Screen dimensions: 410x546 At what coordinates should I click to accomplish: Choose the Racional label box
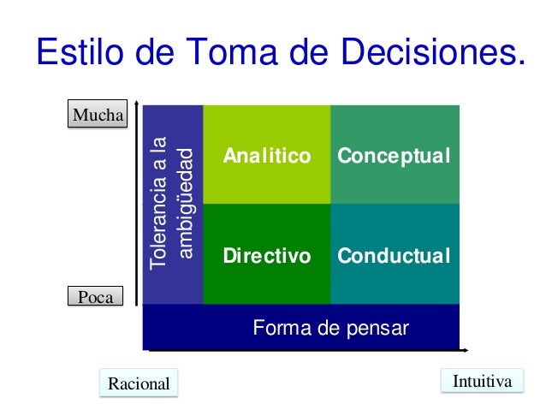click(139, 383)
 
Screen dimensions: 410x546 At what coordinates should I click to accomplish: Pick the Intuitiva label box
click(482, 381)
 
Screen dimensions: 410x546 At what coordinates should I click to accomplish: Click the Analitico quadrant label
click(266, 156)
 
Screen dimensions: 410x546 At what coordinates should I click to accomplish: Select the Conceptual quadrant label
click(394, 156)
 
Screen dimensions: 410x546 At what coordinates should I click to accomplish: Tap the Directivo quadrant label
click(266, 256)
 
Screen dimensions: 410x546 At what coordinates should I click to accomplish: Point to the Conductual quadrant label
click(394, 256)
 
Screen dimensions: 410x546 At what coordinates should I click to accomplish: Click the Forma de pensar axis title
click(330, 328)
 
